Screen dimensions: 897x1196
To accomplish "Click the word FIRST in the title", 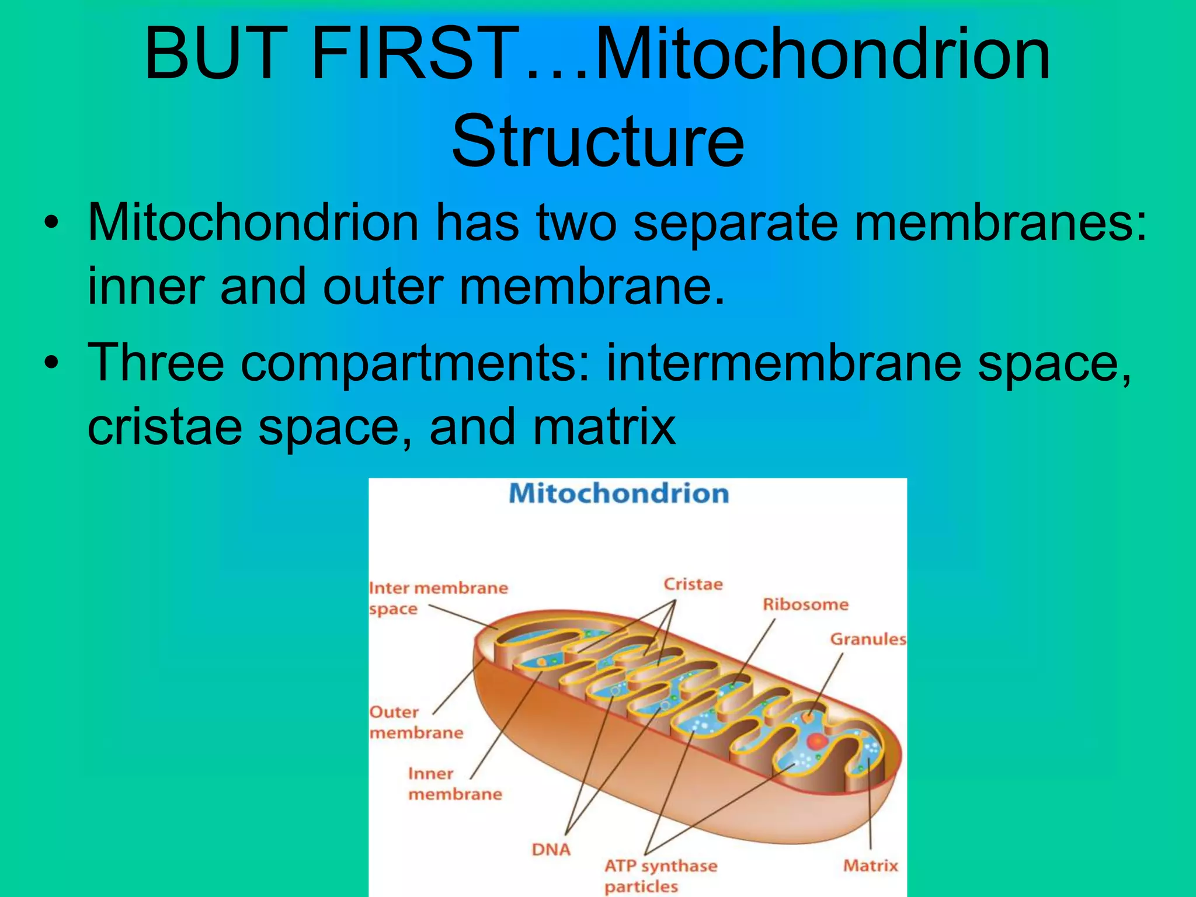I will point(412,54).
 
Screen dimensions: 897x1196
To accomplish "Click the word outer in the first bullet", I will point(383,286).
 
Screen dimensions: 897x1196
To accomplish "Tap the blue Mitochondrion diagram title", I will point(619,494).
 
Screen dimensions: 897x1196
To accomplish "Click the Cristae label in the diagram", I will point(693,585).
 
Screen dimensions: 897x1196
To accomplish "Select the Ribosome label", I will point(805,604).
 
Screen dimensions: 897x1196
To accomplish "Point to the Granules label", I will point(868,639).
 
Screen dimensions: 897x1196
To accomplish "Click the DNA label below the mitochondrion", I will point(551,850).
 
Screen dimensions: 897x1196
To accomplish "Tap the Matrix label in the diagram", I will point(870,865).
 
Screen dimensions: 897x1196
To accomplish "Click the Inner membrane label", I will point(454,784).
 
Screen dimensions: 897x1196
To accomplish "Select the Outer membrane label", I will point(416,722).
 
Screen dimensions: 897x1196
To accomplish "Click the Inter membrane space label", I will point(438,598).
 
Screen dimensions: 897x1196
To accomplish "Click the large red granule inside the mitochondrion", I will point(816,742).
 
